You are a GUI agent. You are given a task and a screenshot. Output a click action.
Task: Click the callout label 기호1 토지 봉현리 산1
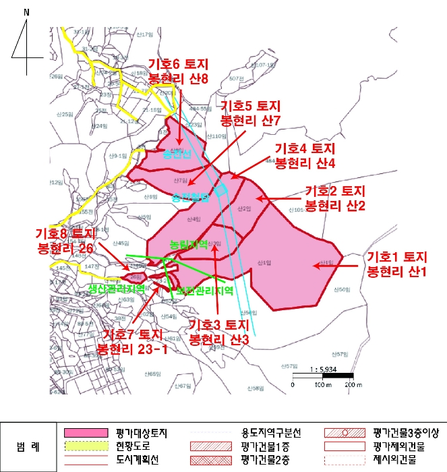click(397, 264)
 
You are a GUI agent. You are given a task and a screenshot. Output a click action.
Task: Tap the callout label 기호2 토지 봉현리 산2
click(335, 198)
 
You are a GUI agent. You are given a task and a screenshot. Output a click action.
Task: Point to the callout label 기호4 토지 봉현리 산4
click(305, 155)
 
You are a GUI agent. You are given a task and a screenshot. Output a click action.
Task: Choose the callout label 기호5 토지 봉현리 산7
click(250, 113)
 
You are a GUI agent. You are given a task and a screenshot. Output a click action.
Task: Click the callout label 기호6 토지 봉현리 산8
click(178, 71)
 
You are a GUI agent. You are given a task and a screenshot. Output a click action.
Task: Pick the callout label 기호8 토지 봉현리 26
click(66, 241)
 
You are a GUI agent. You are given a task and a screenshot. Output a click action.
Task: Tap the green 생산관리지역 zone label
click(116, 288)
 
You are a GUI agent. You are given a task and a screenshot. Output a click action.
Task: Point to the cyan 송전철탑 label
click(191, 198)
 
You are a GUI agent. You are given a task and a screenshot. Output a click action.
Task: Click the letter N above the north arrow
click(26, 12)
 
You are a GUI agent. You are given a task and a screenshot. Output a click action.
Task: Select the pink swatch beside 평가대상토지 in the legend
click(86, 432)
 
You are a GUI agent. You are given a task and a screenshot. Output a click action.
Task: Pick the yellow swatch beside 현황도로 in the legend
click(86, 446)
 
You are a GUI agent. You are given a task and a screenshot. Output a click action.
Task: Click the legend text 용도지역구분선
click(272, 432)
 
